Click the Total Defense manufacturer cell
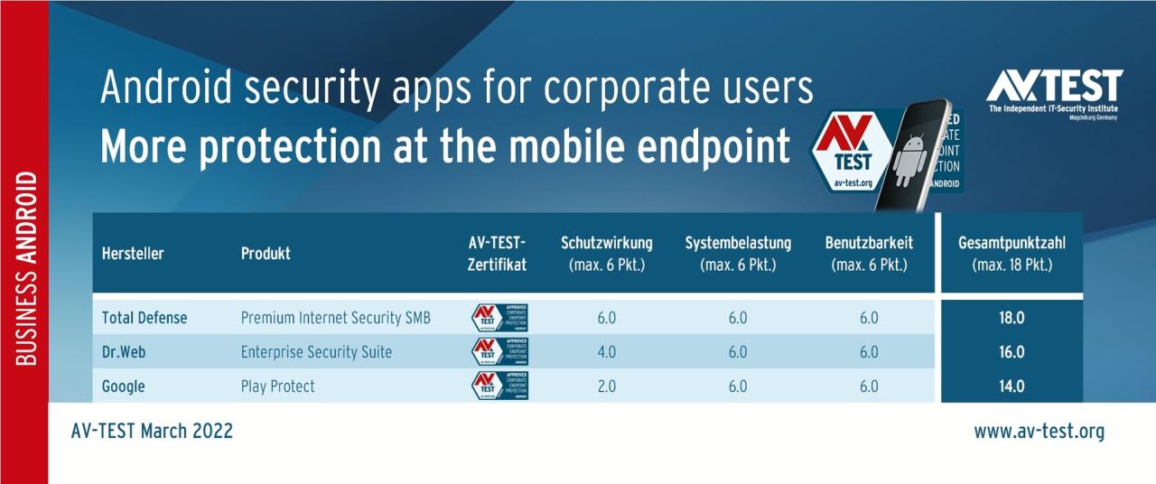click(144, 318)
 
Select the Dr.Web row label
click(123, 352)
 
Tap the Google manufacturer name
click(123, 386)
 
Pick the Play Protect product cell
click(277, 386)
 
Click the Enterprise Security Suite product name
click(316, 352)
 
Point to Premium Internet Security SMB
click(335, 318)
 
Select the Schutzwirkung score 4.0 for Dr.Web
click(606, 352)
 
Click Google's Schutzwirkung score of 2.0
click(606, 386)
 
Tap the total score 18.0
click(1011, 318)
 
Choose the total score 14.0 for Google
click(1011, 386)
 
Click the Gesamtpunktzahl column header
click(1011, 253)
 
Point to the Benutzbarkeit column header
click(869, 253)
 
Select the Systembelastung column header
click(738, 253)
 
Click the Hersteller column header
click(133, 254)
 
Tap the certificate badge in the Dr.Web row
click(499, 352)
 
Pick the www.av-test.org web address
click(1039, 432)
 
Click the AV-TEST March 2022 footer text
click(152, 432)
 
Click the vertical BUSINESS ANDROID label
click(25, 268)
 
